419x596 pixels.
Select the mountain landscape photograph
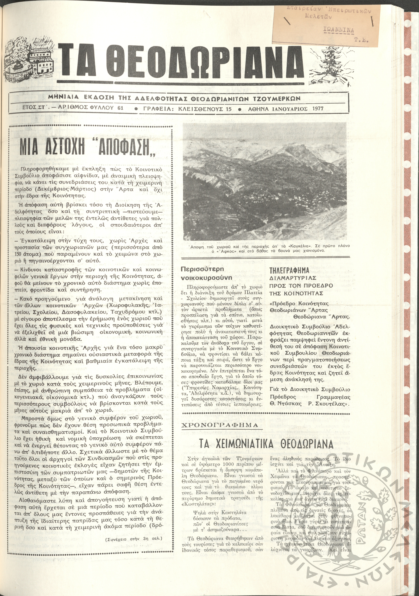point(264,181)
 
